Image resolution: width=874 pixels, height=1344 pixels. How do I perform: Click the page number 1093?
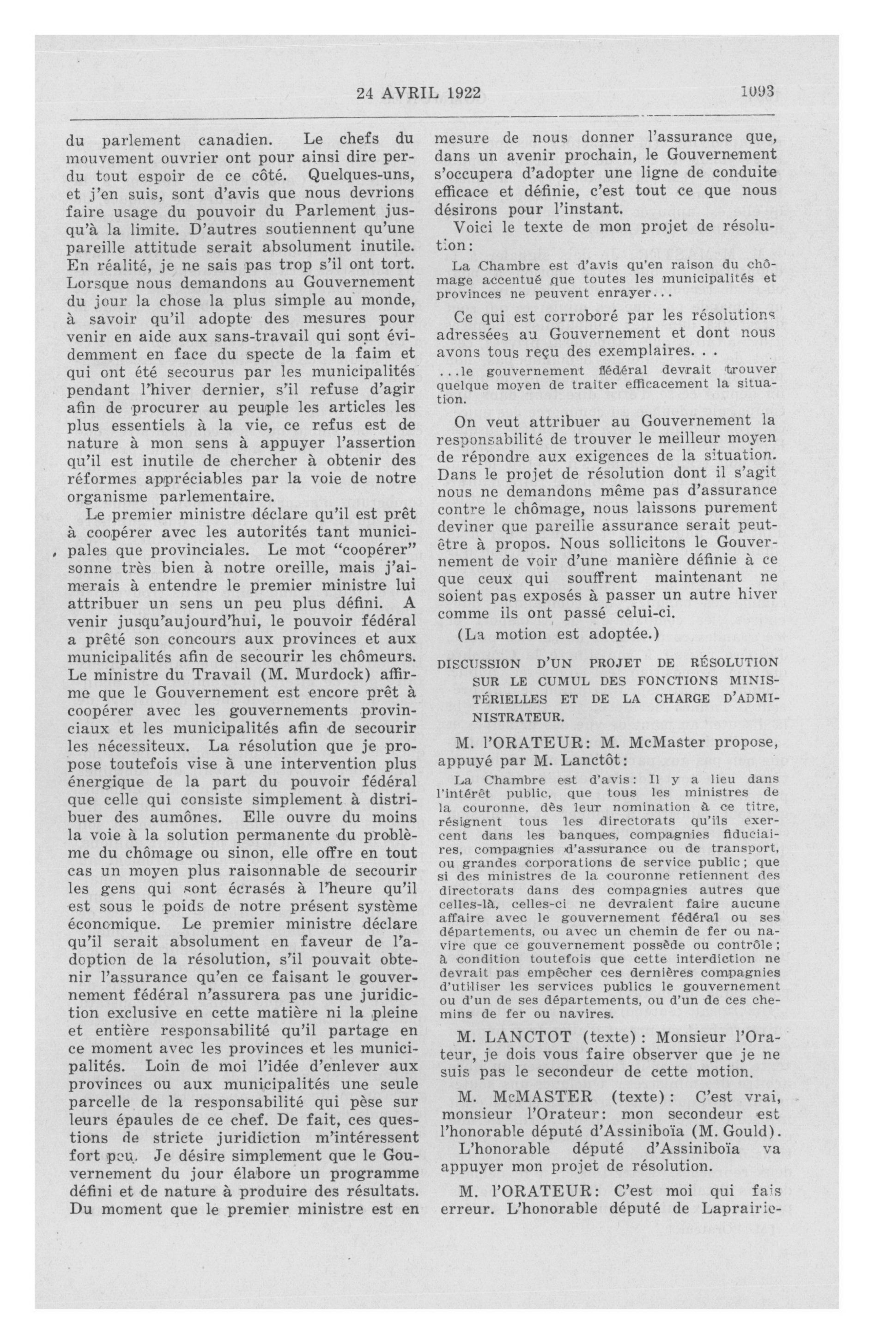coord(756,92)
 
